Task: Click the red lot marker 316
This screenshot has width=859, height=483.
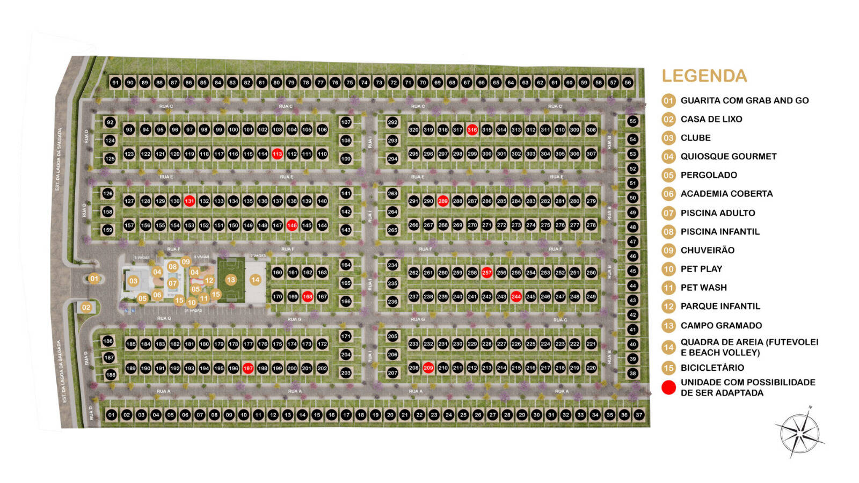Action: coord(472,130)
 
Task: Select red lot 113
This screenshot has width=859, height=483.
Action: coord(277,154)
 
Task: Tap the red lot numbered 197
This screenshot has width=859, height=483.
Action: coord(248,368)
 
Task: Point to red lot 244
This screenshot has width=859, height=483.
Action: coord(516,296)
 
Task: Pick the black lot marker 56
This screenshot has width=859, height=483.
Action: coord(628,83)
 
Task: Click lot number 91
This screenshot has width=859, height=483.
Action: coord(115,83)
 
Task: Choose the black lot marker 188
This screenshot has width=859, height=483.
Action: coord(111,375)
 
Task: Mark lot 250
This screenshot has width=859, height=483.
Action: coord(591,273)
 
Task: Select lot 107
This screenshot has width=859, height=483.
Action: coord(346,122)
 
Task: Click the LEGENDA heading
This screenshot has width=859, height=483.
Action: coord(704,76)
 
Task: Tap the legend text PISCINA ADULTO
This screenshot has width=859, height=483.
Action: coord(717,213)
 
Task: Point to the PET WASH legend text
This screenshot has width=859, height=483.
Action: coord(703,288)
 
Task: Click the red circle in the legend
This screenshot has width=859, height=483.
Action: coord(668,387)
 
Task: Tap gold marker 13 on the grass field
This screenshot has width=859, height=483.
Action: coord(231,280)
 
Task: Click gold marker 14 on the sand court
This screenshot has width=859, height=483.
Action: coord(256,280)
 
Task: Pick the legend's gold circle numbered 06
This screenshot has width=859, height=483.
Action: coord(668,194)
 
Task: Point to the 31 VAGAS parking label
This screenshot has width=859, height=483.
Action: coord(193,311)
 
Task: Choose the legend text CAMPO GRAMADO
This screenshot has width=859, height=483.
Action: coord(721,325)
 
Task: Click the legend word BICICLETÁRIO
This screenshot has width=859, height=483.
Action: coord(712,368)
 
